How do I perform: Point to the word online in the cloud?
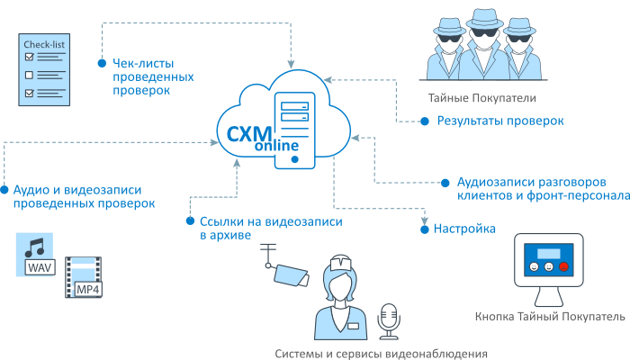(x=275, y=146)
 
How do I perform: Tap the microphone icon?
(x=389, y=319)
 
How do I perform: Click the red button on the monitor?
(x=563, y=266)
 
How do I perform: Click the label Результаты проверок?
(x=500, y=121)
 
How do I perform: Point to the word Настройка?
(x=464, y=229)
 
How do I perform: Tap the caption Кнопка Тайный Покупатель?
(x=548, y=317)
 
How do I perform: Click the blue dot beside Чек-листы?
(x=100, y=63)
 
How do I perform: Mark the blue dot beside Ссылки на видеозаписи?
(x=189, y=220)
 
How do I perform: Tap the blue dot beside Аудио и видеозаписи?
(x=4, y=190)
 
